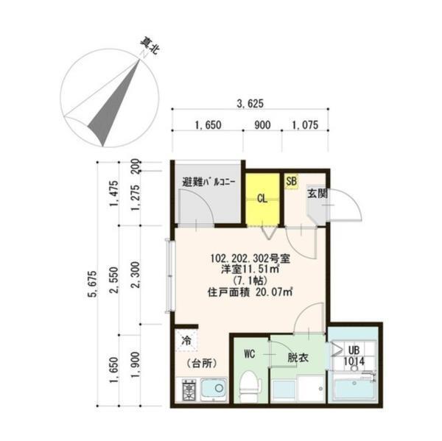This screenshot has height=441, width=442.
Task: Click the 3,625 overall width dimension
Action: (250, 103)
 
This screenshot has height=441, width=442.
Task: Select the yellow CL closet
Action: (262, 199)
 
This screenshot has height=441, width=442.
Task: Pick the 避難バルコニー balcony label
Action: (208, 181)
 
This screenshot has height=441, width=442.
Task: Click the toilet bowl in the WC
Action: (250, 385)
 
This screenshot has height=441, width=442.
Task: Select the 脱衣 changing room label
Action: (298, 357)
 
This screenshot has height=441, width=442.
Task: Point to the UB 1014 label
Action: (355, 356)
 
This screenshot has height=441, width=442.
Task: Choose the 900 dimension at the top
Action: (262, 125)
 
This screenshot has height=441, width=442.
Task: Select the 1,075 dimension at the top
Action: (304, 125)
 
